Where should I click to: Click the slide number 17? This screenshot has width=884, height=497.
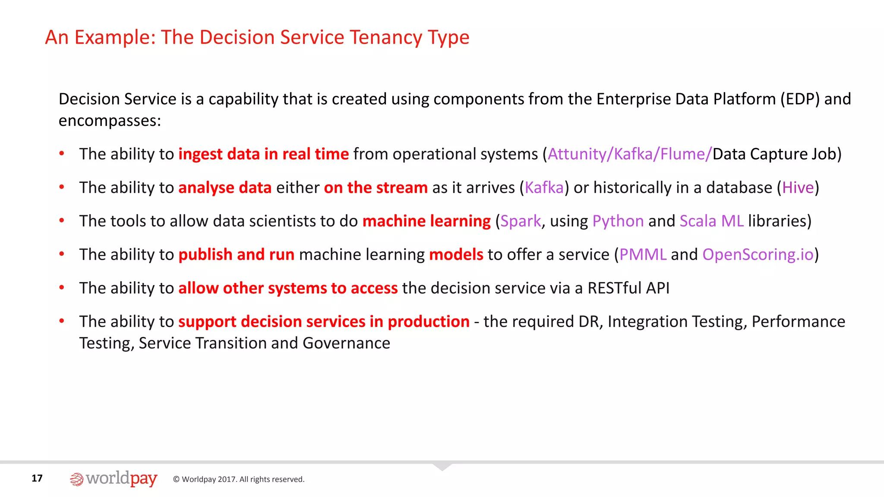tap(37, 478)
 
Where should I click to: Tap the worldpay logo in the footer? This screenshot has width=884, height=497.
tap(114, 479)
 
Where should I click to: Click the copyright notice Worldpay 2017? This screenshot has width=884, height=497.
tap(239, 479)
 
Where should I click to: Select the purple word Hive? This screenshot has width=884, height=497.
tap(798, 188)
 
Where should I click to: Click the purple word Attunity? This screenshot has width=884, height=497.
tap(577, 154)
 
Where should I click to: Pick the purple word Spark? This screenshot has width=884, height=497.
tap(521, 221)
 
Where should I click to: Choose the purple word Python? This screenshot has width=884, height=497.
tap(618, 221)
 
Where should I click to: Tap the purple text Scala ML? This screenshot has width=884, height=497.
tap(711, 221)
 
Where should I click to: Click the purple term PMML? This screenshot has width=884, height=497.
tap(643, 255)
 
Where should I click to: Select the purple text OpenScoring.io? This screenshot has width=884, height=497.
tap(758, 255)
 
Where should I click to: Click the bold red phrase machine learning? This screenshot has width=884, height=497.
tap(426, 221)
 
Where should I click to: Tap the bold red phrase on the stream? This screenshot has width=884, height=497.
tap(376, 188)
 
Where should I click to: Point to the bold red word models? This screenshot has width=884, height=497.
tap(456, 255)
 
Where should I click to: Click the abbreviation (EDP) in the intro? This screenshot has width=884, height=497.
tap(799, 99)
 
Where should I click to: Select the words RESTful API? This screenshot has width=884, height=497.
tap(628, 288)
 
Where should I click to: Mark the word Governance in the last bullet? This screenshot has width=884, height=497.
tap(346, 343)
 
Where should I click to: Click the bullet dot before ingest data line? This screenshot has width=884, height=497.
tap(62, 154)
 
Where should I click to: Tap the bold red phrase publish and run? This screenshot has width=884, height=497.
tap(236, 255)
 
